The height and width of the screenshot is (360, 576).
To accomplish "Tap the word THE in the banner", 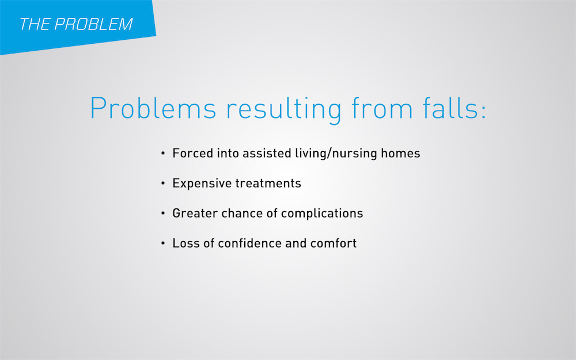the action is coord(34,24).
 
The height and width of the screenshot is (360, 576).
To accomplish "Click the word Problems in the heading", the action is coord(153,108).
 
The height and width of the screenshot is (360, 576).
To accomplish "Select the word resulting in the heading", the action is coord(284,109).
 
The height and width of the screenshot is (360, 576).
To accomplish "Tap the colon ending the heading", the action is coord(483,112).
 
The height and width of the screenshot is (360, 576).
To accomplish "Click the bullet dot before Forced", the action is coord(163,153).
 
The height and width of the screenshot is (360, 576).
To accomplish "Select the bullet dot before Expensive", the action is coord(163,183).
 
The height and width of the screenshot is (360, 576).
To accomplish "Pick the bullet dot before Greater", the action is coord(163,214).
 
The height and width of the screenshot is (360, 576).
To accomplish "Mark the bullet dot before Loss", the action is coord(163,244).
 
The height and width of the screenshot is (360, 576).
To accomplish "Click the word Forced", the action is coord(193,153).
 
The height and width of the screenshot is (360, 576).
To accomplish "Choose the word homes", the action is coord(400,153).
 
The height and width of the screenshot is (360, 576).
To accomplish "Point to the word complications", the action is coord(322,214).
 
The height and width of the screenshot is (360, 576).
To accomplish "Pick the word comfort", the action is coord(334,243).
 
